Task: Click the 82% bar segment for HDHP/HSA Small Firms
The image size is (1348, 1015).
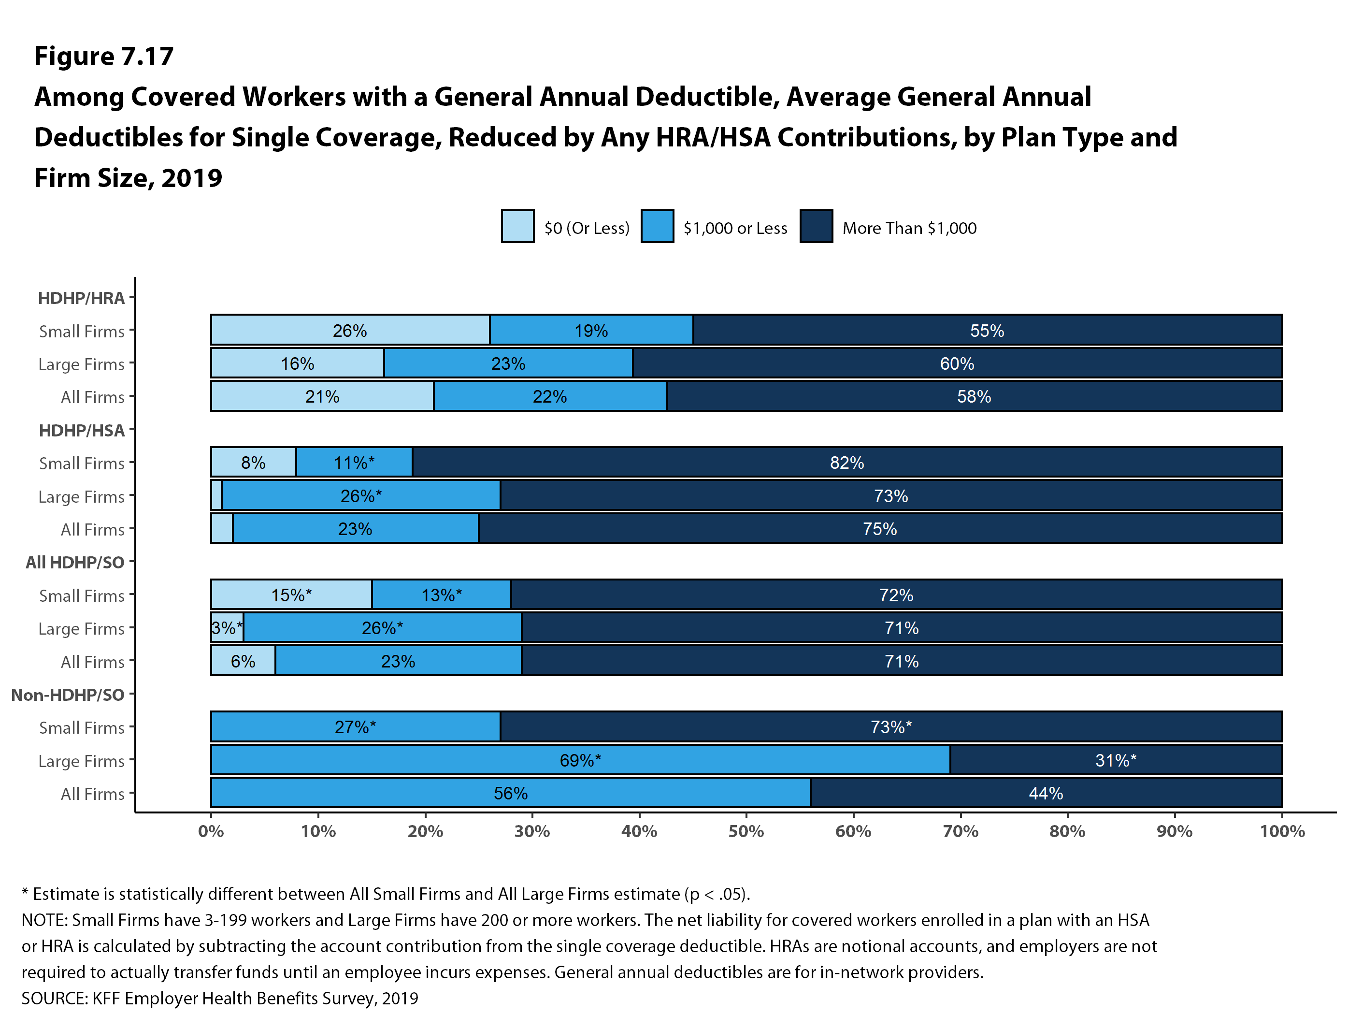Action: click(846, 463)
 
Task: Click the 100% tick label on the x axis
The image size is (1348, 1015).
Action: click(1282, 831)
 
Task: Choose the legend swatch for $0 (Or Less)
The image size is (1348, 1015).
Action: click(517, 227)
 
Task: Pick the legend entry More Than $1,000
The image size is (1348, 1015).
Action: click(909, 228)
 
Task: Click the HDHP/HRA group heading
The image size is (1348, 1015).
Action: click(81, 298)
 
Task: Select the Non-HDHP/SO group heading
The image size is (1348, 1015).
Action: click(68, 695)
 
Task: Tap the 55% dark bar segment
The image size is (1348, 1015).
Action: click(987, 331)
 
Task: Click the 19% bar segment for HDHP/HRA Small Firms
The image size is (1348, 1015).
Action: click(590, 331)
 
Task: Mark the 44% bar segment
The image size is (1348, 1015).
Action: click(1046, 793)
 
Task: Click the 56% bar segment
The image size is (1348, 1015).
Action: click(510, 793)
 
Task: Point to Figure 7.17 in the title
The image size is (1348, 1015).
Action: click(103, 56)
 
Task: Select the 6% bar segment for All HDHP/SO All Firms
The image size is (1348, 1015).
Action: click(243, 661)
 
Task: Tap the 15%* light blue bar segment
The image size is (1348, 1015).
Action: click(291, 595)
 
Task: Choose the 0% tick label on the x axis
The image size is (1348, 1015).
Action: click(211, 831)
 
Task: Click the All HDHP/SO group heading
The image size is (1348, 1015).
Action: click(75, 563)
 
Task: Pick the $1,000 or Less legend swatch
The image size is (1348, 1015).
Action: click(657, 227)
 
